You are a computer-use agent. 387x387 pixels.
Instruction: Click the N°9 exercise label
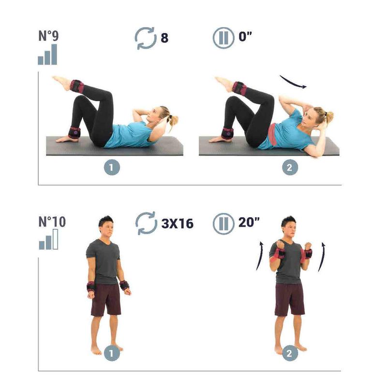coord(49,35)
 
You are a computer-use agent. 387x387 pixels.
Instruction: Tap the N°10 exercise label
coord(52,222)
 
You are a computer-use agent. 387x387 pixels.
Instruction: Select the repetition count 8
coord(164,38)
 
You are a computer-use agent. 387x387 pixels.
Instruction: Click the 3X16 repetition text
coord(177,223)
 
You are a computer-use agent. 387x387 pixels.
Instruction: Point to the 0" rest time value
coord(245,36)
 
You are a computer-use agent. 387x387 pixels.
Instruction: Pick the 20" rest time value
coord(249,222)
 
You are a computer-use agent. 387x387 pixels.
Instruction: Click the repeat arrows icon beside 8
coord(146,38)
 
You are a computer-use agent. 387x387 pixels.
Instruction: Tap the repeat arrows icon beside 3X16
coord(146,223)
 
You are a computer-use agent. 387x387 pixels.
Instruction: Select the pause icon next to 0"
coord(223,38)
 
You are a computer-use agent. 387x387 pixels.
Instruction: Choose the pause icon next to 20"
coord(223,224)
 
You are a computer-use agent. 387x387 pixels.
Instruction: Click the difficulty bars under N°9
coord(47,55)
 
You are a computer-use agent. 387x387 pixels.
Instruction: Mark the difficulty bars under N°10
coord(48,239)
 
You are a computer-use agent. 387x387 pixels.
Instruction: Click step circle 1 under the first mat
coord(112,167)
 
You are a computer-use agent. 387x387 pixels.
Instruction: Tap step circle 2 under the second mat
coord(290,167)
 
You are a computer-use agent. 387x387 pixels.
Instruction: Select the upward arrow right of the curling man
coord(322,257)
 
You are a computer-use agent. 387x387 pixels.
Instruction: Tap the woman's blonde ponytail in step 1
coord(173,120)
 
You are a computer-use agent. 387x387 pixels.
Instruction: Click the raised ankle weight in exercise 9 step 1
coord(77,87)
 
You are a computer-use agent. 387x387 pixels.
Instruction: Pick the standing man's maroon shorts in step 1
coord(106,299)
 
